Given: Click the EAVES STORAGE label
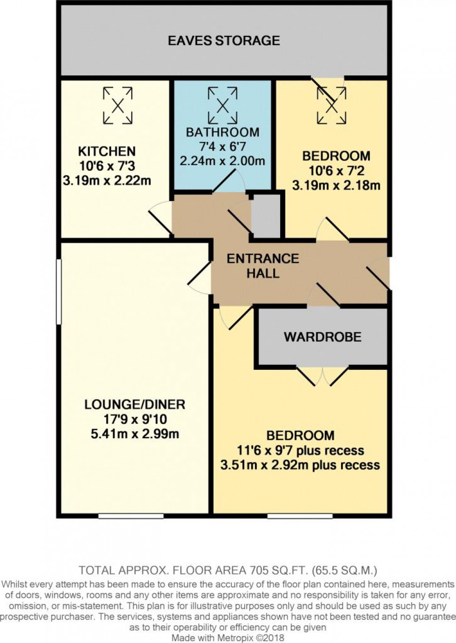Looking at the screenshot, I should [224, 40].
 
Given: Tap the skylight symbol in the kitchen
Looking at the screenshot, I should [118, 106].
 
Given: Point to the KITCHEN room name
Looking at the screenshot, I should [107, 151].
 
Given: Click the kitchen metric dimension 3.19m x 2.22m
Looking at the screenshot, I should [107, 181].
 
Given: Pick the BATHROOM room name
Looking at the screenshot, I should [222, 132].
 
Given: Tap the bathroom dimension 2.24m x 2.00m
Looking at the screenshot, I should [222, 161].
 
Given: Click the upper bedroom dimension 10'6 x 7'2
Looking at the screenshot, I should [336, 171].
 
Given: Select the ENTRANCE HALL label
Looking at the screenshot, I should [263, 266].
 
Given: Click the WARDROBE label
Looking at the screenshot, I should [322, 337].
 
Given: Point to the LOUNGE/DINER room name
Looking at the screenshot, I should [134, 404].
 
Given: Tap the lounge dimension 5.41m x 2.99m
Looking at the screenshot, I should [134, 434].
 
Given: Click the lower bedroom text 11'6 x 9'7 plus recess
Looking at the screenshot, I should [300, 450].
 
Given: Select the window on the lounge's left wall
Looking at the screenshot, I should [59, 292].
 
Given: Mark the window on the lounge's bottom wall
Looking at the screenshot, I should [131, 516].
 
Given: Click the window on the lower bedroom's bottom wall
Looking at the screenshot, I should [300, 516].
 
